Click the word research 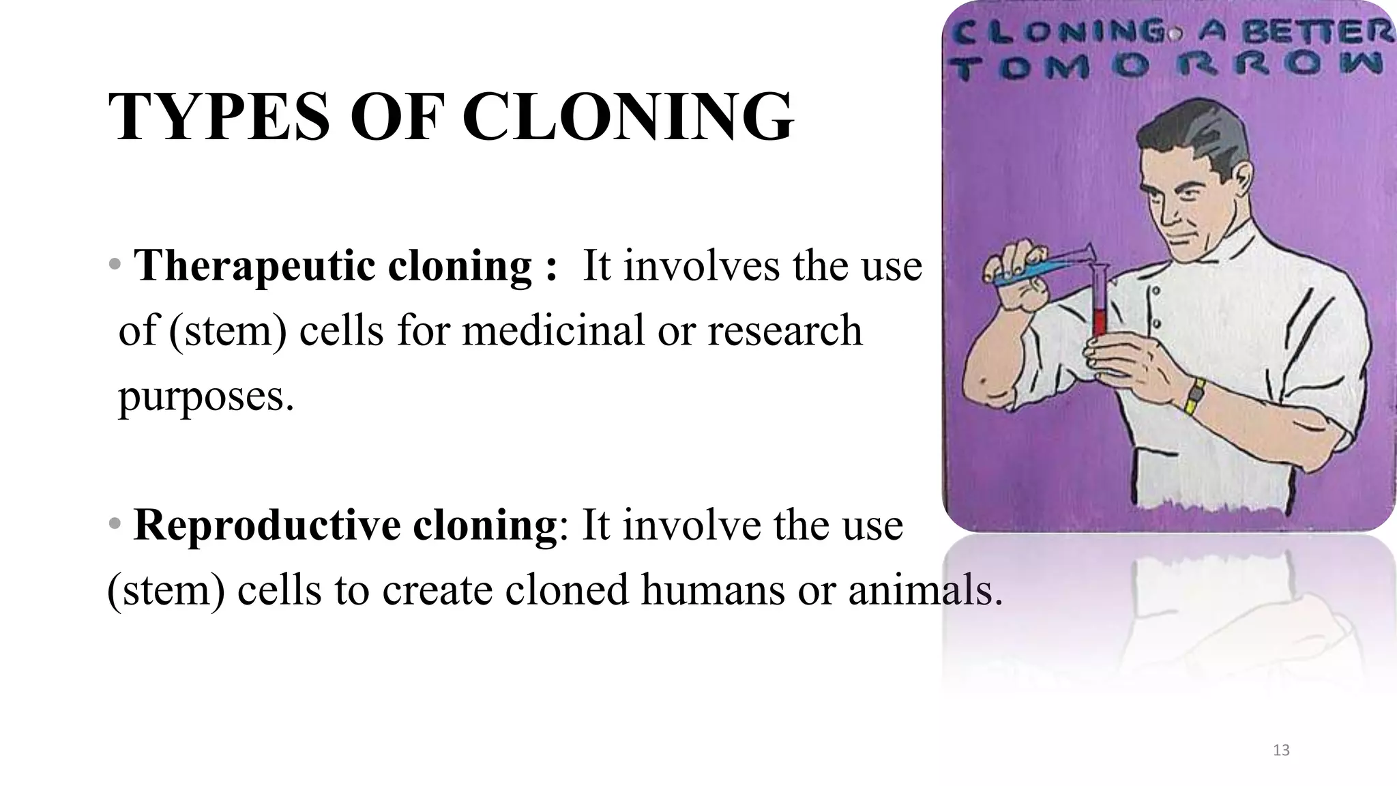pyautogui.click(x=784, y=330)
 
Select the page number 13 pyautogui.click(x=1281, y=751)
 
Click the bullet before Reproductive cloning pyautogui.click(x=115, y=524)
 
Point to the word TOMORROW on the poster pyautogui.click(x=1167, y=67)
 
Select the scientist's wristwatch pyautogui.click(x=1195, y=396)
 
